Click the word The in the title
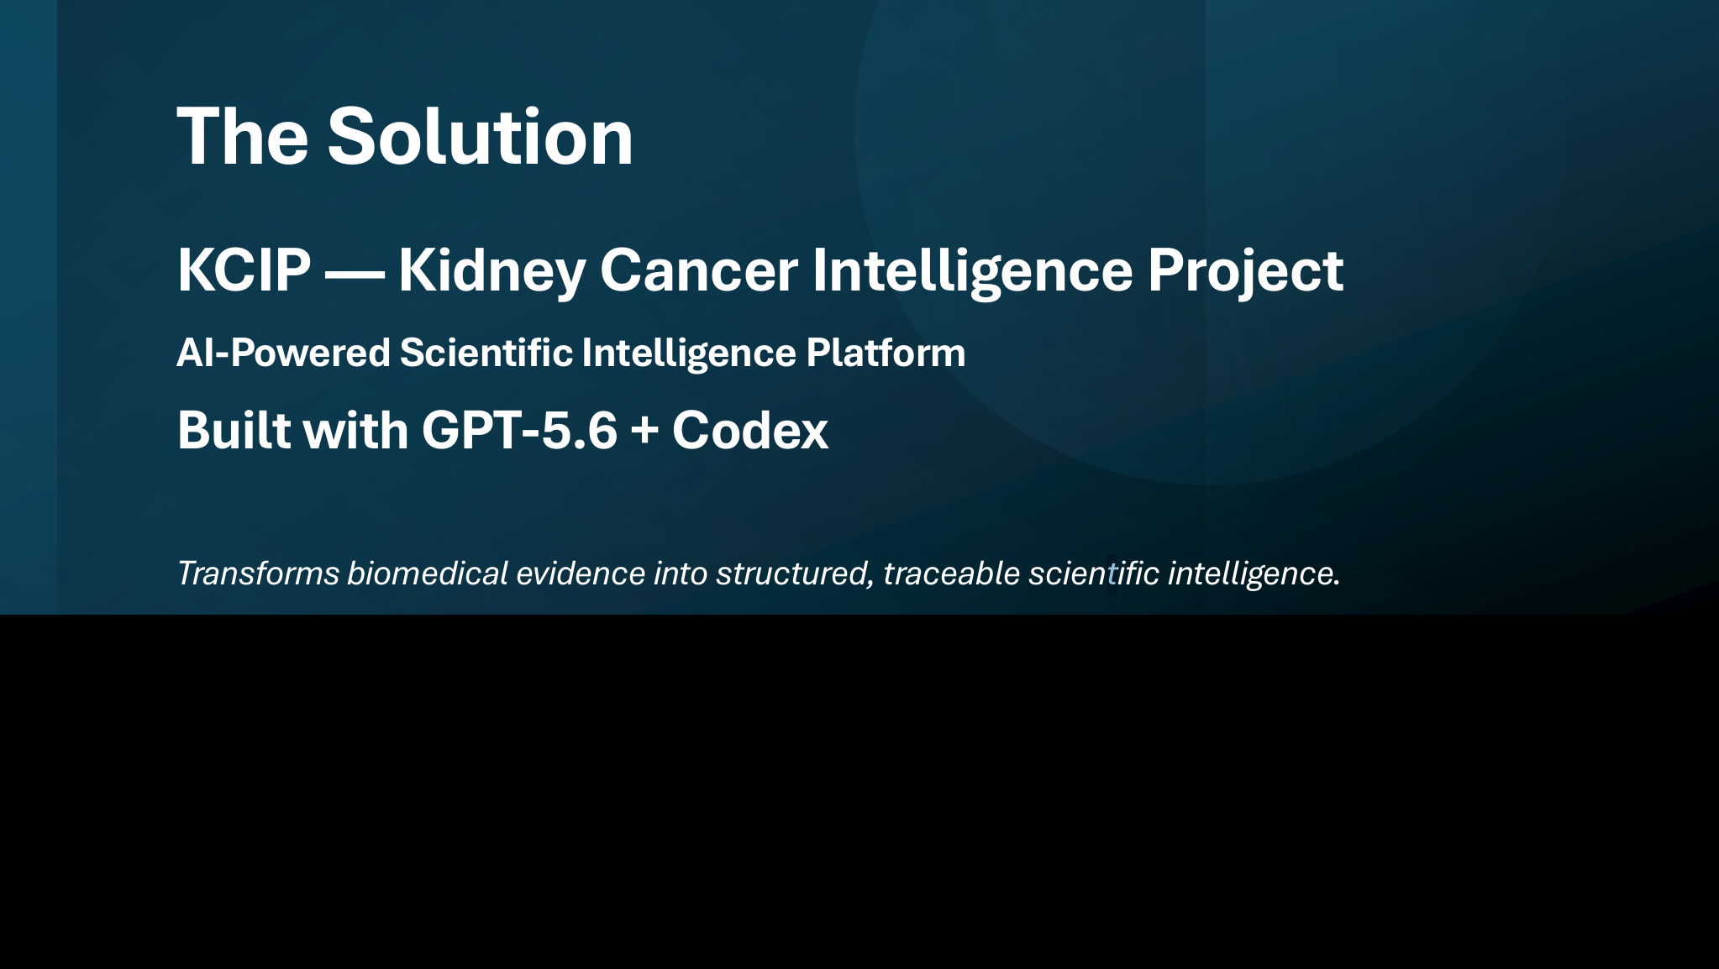coord(243,136)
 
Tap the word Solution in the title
coord(481,136)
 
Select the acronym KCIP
coord(244,270)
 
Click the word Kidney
coord(492,271)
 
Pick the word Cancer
coord(698,270)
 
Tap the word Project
coord(1245,271)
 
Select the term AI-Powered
coord(284,353)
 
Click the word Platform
coord(886,353)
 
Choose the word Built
coord(234,430)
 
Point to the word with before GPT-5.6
coord(355,430)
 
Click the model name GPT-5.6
coord(519,431)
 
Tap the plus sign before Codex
coord(644,432)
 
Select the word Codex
coord(750,431)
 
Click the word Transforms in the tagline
coord(259,574)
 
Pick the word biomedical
coord(428,574)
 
